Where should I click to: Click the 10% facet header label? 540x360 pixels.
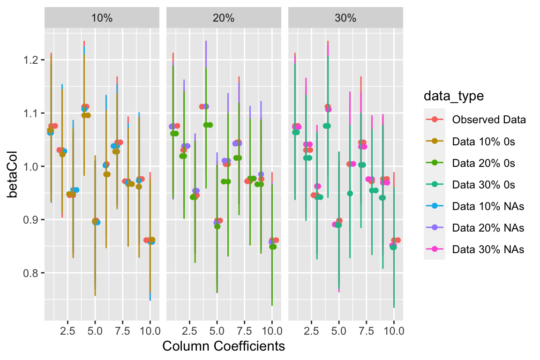click(103, 19)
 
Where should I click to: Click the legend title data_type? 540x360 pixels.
click(453, 97)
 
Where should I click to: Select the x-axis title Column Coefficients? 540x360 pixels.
click(224, 346)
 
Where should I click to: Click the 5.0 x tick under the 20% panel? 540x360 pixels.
click(217, 330)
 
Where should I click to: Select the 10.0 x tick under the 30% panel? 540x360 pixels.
click(393, 330)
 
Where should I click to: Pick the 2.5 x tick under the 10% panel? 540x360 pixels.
click(67, 330)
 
